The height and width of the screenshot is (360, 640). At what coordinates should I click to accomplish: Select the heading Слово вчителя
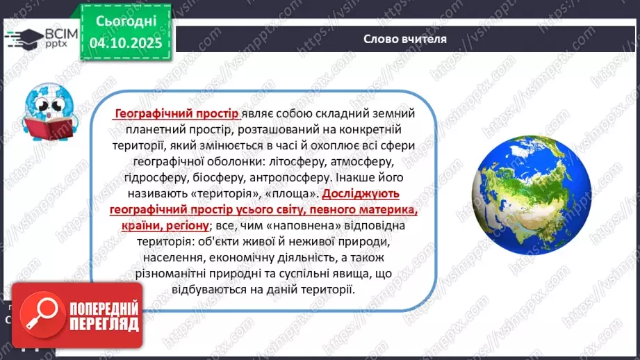pos(405,39)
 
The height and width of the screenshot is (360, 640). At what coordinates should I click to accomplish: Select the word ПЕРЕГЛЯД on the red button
pos(104,324)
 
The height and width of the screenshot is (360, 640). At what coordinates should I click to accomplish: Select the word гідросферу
pos(145,178)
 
